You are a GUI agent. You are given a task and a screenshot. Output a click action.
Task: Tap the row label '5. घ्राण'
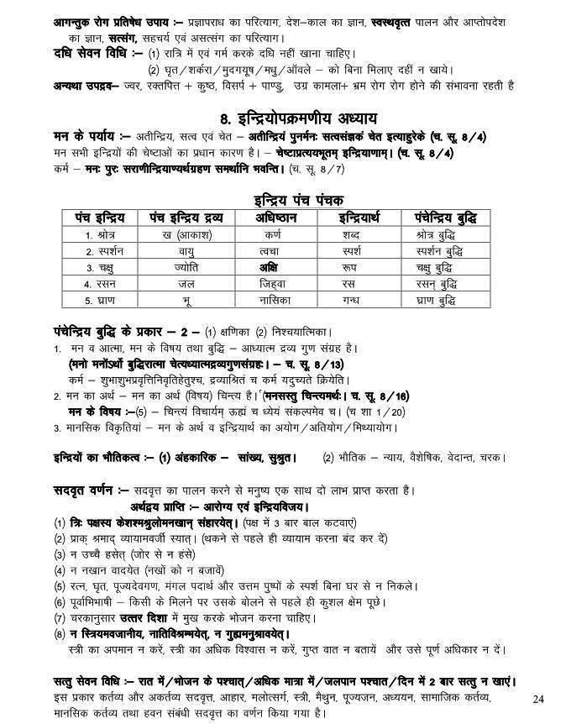(x=101, y=300)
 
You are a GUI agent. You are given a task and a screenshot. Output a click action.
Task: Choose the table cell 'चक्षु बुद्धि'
(x=441, y=268)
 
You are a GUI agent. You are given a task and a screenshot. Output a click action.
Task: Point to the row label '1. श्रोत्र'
(x=101, y=234)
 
